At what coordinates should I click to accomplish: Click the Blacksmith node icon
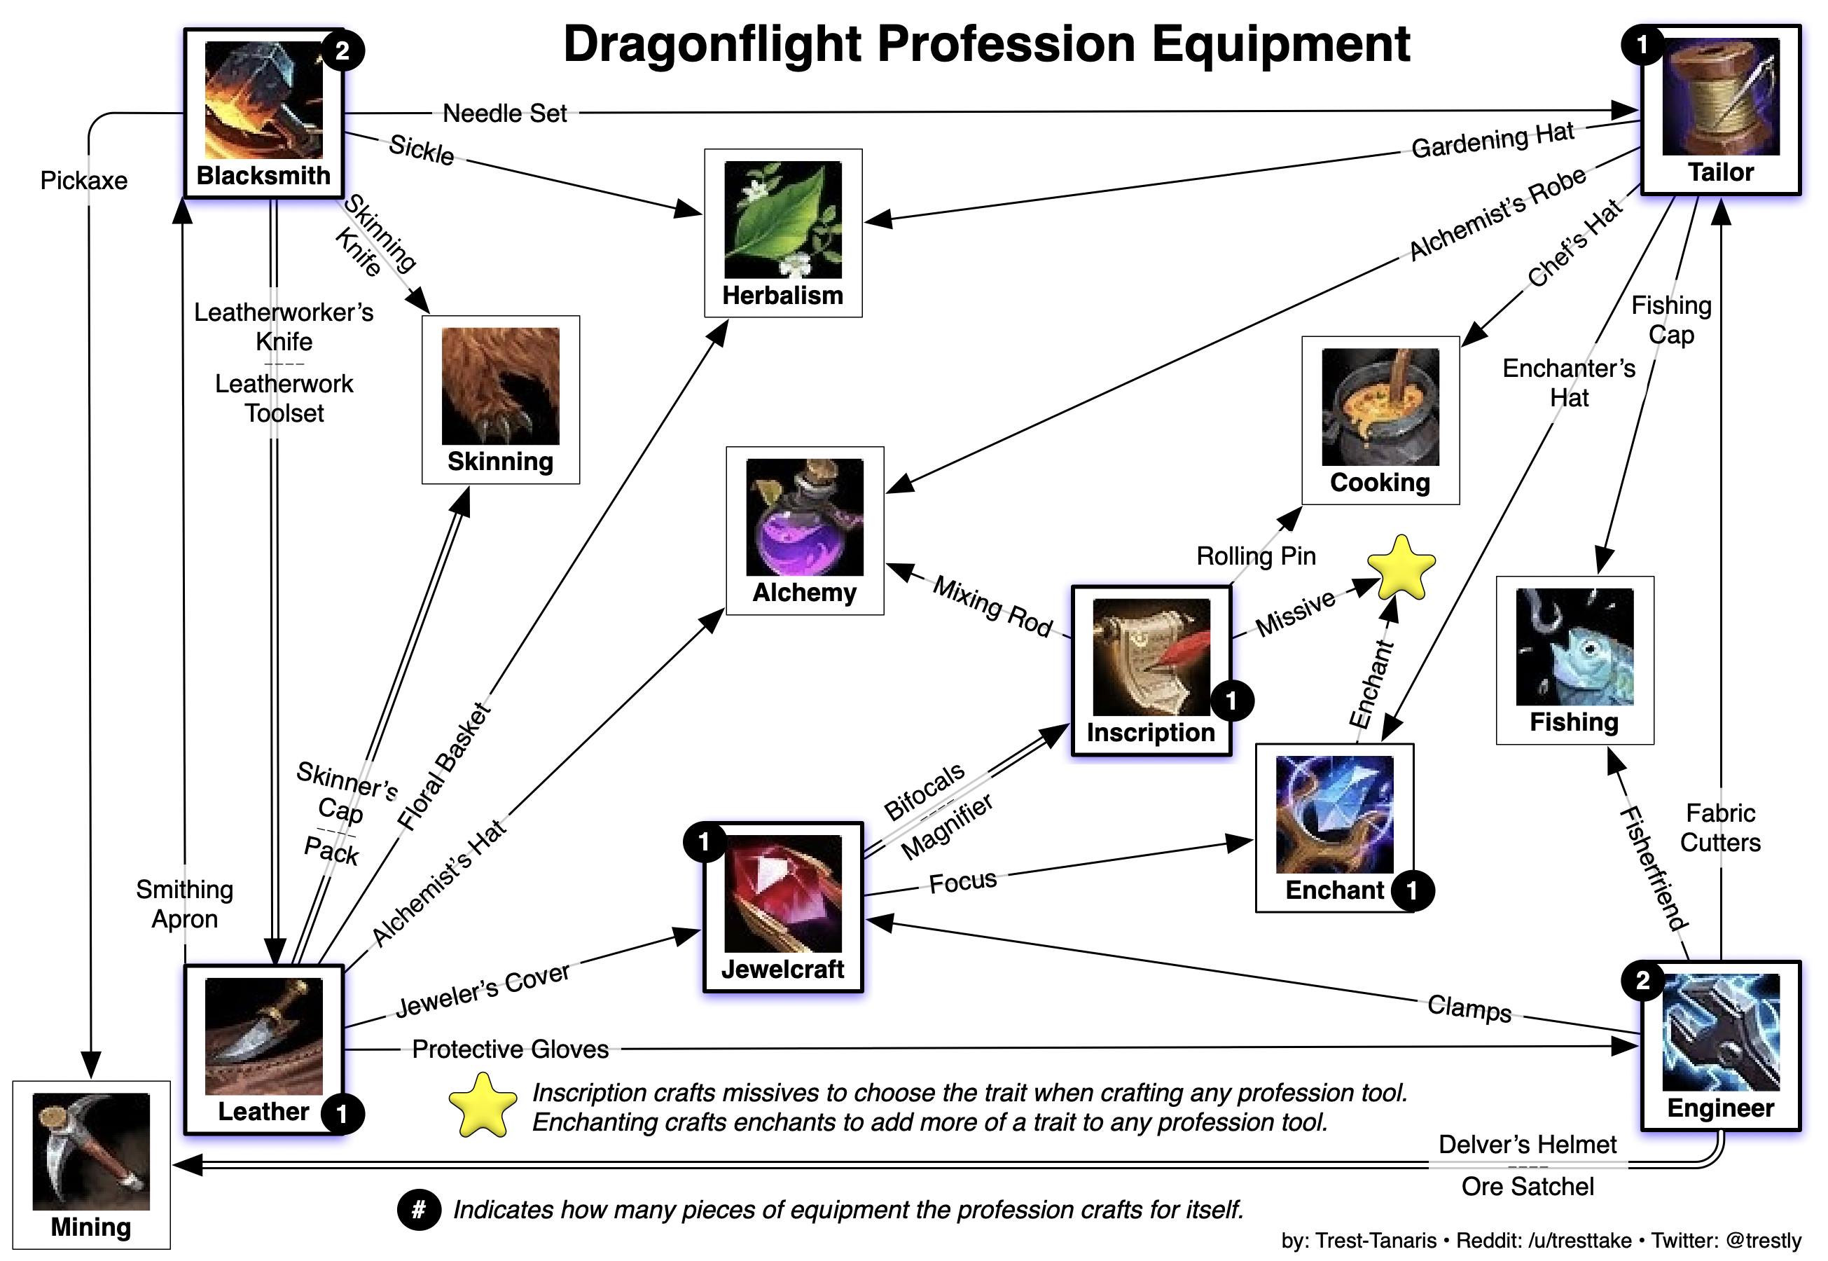[263, 99]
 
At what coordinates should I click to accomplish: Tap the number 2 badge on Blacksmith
[342, 50]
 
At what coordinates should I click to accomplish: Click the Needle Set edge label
[504, 113]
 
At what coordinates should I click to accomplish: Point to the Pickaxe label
[84, 180]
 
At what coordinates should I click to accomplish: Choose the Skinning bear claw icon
[500, 385]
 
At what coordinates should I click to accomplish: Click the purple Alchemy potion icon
[804, 517]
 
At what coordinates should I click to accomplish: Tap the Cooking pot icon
[1379, 406]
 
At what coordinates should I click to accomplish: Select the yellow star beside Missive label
[1401, 569]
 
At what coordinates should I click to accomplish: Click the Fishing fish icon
[1574, 647]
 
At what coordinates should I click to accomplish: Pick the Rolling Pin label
[1255, 556]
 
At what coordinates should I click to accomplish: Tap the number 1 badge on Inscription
[1231, 700]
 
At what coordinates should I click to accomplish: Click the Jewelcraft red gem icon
[782, 893]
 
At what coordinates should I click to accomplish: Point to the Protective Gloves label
[511, 1049]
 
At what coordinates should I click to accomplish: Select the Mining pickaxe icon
[91, 1150]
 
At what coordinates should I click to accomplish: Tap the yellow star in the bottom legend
[482, 1106]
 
